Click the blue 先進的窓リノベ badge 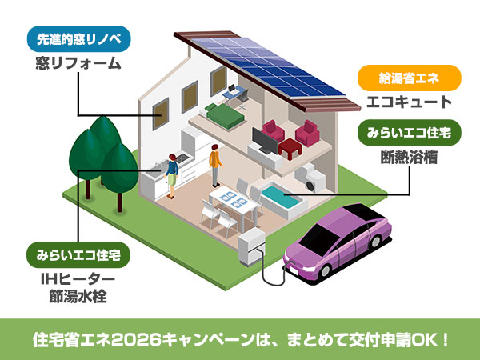(x=78, y=38)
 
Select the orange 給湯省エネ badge (x=409, y=78)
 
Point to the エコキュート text (x=409, y=102)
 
